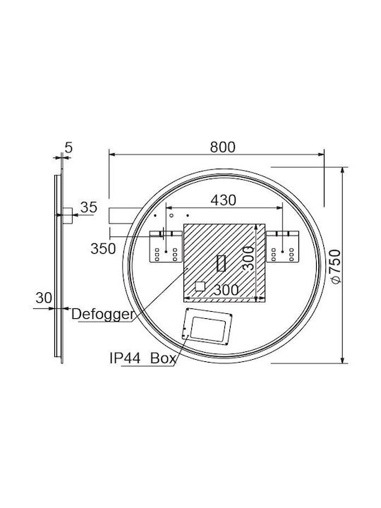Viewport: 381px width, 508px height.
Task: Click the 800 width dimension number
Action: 222,147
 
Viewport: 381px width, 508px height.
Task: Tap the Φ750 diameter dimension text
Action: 335,266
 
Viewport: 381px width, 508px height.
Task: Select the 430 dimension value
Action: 223,200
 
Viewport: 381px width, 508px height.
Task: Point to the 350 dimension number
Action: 103,249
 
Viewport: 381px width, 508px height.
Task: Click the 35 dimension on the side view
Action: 88,207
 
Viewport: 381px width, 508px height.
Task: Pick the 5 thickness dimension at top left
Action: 68,147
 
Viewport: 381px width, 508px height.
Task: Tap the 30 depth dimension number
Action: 44,298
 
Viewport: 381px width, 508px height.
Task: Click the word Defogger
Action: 102,314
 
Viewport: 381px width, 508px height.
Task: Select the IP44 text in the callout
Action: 125,358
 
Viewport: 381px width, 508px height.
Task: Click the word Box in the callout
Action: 163,358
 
